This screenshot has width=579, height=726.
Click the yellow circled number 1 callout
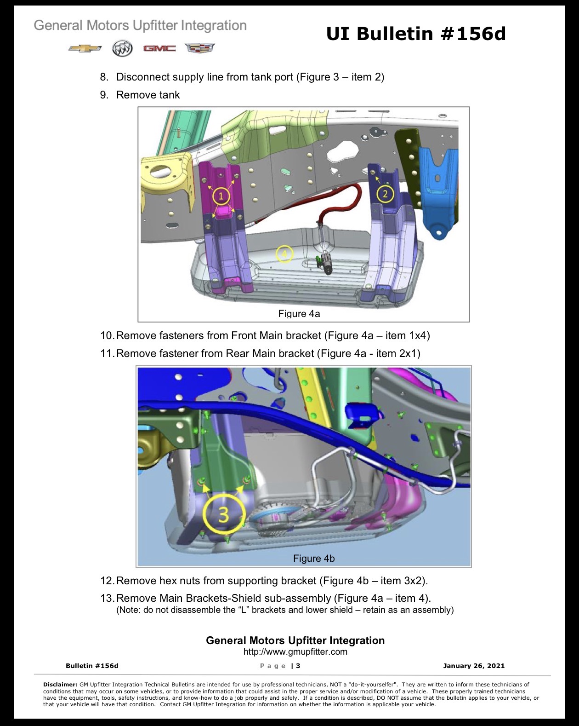[x=221, y=196]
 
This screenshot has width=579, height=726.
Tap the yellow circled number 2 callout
[x=385, y=194]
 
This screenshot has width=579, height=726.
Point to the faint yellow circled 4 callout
[x=284, y=254]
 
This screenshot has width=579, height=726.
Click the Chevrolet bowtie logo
[x=85, y=48]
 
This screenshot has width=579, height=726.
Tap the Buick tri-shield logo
[x=122, y=49]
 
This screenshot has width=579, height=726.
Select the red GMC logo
[x=159, y=49]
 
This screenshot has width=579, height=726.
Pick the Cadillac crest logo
[x=199, y=48]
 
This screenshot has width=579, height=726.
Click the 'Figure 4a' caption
[x=299, y=314]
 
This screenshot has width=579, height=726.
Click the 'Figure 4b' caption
[x=314, y=559]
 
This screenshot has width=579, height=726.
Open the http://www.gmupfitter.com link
[x=295, y=651]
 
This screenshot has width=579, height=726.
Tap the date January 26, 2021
[x=474, y=666]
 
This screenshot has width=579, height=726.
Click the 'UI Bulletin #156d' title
[x=416, y=34]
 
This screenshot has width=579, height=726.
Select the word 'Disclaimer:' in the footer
[x=60, y=685]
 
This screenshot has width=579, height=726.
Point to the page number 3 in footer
[x=298, y=666]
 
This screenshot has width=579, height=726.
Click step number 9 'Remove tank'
[x=140, y=95]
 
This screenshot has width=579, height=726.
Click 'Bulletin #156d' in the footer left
[x=92, y=666]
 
